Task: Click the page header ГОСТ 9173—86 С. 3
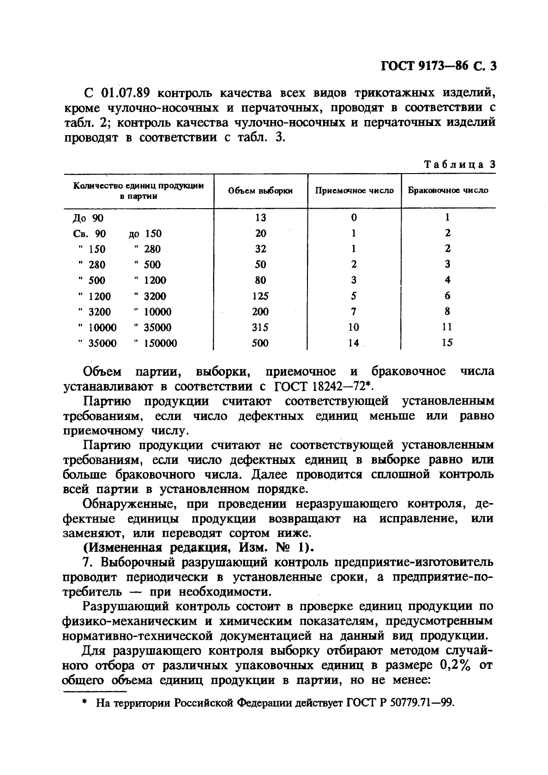438,66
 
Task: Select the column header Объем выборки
260,191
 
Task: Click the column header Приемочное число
354,191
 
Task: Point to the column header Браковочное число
448,190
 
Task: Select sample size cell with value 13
260,218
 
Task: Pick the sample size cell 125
260,296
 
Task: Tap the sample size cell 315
260,327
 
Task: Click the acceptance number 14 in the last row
354,343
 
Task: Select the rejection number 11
447,327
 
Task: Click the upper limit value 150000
160,343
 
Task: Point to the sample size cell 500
260,343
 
